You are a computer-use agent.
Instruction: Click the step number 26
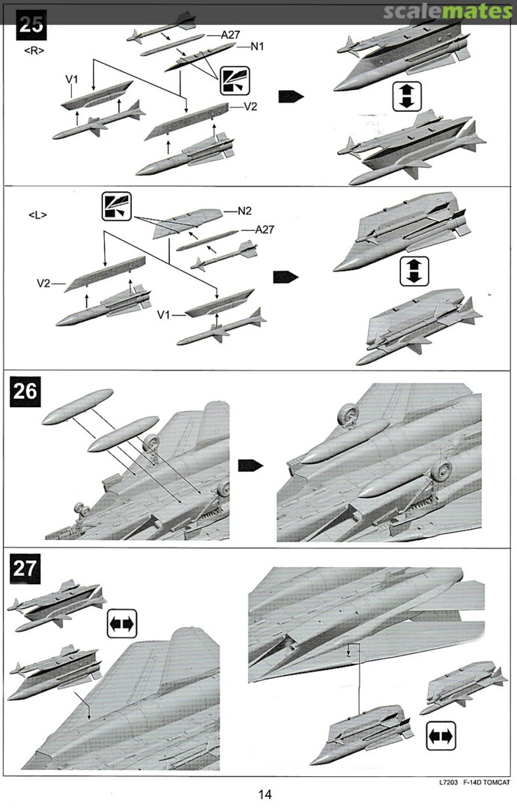(25, 392)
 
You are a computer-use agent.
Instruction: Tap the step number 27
(25, 568)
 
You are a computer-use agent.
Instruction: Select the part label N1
(258, 46)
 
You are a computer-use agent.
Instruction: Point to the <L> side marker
(37, 215)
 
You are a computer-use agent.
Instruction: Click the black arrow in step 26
(250, 466)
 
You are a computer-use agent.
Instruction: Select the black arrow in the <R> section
(290, 96)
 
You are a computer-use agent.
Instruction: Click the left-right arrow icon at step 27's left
(121, 624)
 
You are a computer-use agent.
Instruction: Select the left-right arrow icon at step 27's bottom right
(441, 737)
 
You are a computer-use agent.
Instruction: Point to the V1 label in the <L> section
(166, 316)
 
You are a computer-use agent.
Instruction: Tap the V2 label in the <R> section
(250, 106)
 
